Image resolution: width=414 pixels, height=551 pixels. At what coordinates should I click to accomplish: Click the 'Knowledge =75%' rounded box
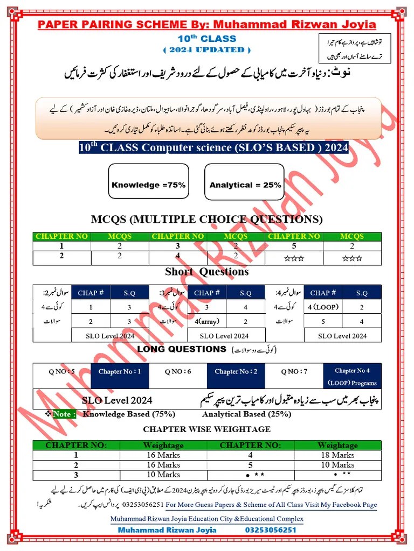coord(148,185)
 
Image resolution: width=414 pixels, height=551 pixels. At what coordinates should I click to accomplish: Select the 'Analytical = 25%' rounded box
coord(245,185)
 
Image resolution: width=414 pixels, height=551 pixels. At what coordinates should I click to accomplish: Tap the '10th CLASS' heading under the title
coord(207,39)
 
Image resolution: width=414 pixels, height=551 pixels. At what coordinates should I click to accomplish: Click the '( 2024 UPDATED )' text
coord(207,50)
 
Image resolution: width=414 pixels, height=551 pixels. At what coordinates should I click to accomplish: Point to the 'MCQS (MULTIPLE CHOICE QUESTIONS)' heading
coord(207,219)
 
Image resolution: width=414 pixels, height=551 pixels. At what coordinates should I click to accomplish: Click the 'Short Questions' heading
coord(207,272)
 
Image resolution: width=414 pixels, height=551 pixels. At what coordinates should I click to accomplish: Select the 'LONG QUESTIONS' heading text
coord(182,349)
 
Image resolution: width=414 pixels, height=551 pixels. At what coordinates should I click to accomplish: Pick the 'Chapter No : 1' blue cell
coord(120,372)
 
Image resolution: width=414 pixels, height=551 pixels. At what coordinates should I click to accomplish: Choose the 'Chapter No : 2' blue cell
coord(236,372)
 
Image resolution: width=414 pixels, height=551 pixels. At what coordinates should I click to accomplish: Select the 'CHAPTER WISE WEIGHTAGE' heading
coord(207,429)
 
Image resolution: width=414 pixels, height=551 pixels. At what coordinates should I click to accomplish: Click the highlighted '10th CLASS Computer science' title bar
coord(213,147)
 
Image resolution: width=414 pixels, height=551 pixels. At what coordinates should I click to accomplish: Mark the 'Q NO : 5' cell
coord(62,371)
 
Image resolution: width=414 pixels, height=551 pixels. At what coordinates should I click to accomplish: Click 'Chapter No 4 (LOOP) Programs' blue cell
coord(352,377)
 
